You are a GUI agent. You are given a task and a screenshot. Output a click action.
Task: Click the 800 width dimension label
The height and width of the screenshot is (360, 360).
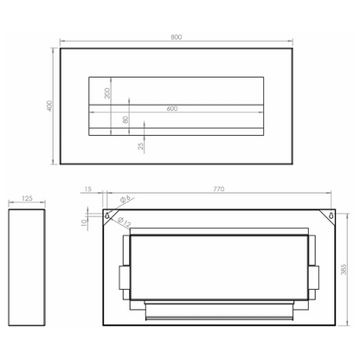click(177, 37)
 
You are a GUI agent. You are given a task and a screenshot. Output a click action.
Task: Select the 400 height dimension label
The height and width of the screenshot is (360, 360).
click(49, 106)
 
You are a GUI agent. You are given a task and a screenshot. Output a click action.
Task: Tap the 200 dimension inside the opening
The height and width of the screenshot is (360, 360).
click(107, 93)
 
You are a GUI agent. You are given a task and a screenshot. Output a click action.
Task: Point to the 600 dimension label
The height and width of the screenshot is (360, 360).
click(172, 109)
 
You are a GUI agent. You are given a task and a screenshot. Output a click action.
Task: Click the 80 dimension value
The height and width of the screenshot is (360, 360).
click(125, 119)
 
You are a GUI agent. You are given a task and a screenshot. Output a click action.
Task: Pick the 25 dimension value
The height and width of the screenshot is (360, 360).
click(141, 146)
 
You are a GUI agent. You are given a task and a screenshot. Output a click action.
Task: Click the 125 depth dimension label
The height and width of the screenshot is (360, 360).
click(27, 198)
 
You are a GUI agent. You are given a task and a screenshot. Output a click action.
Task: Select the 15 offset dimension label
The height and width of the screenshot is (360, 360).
click(88, 189)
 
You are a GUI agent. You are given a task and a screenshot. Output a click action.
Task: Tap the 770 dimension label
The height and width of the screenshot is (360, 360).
click(219, 189)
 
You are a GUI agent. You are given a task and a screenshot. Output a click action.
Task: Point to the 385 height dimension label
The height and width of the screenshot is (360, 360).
click(344, 269)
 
